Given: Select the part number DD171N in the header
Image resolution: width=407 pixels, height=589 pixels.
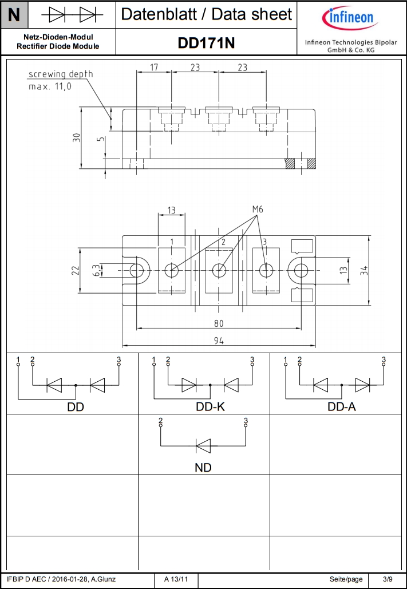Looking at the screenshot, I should pos(206,43).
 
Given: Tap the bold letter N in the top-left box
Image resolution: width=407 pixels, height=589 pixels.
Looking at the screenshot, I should pos(14,14).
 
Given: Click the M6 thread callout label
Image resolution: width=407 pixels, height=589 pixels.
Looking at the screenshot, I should pos(257,209).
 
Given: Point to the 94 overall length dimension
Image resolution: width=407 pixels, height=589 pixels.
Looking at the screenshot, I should pos(219,341).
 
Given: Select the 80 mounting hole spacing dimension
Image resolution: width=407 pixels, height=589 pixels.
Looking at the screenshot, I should pos(219,323).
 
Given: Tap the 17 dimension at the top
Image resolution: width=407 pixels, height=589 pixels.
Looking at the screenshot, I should pos(154,67).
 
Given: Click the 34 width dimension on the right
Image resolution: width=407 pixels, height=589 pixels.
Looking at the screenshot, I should pos(364,270).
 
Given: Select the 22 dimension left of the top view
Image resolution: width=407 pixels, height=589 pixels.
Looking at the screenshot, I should pos(75,270).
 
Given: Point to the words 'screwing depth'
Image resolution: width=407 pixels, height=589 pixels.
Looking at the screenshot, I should pos(61,74).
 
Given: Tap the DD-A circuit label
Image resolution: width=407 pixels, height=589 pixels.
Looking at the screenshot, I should pos(342,407).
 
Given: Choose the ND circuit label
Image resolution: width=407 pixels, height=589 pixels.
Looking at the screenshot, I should pos(203,468).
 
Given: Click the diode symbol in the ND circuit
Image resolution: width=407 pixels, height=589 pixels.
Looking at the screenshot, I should pos(203,445).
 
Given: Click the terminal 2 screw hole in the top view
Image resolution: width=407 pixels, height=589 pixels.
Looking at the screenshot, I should pos(219,270).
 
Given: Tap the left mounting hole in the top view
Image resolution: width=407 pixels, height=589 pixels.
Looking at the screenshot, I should pos(137,270).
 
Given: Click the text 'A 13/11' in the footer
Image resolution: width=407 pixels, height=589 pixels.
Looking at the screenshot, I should pos(176,580).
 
